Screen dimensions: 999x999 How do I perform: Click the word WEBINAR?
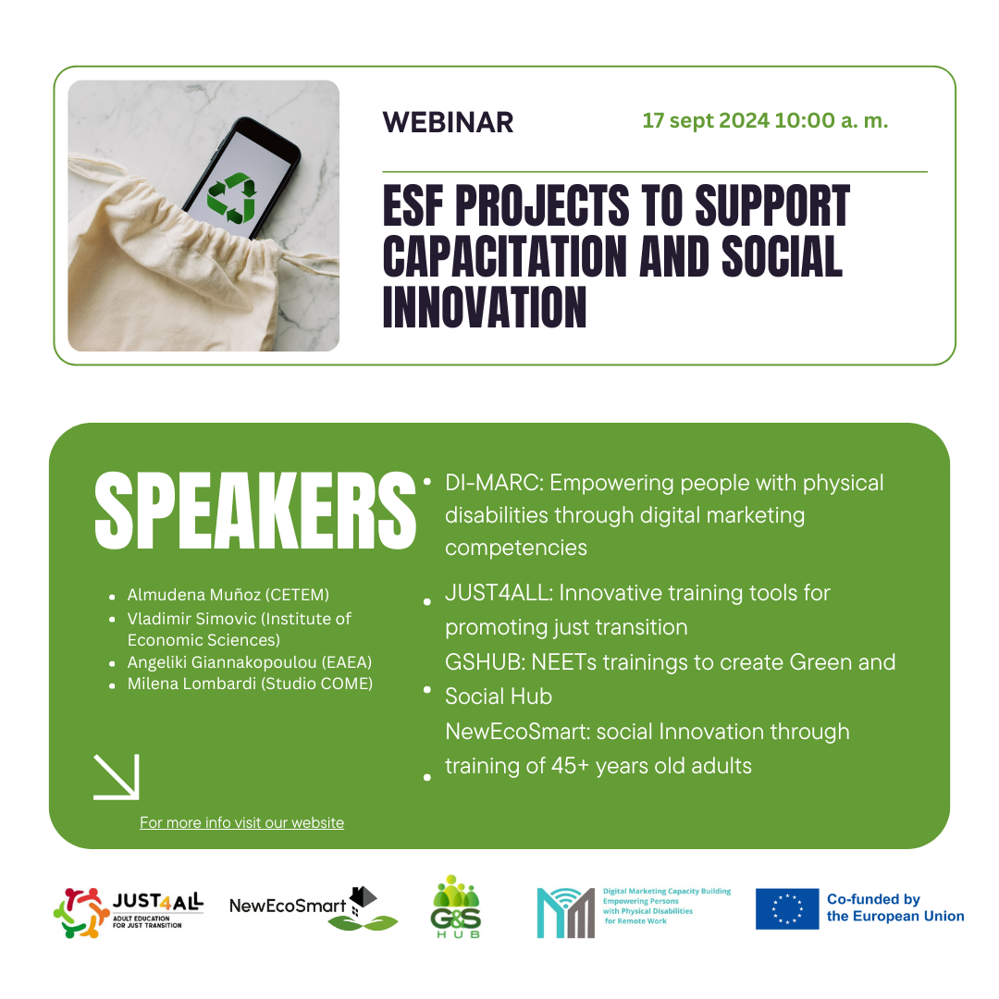pyautogui.click(x=448, y=122)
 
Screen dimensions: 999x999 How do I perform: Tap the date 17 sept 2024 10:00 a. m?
pyautogui.click(x=765, y=120)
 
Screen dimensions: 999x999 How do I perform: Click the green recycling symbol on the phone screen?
pyautogui.click(x=233, y=198)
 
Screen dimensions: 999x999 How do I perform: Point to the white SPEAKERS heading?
pyautogui.click(x=255, y=511)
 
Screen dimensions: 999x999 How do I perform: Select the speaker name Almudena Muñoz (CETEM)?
pyautogui.click(x=228, y=595)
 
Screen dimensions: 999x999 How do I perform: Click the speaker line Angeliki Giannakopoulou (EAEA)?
pyautogui.click(x=249, y=662)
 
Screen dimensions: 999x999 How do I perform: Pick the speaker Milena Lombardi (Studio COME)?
pyautogui.click(x=250, y=684)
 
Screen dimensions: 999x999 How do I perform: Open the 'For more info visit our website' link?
pyautogui.click(x=242, y=822)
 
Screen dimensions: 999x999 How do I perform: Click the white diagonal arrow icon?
pyautogui.click(x=116, y=777)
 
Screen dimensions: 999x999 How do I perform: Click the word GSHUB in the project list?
pyautogui.click(x=485, y=662)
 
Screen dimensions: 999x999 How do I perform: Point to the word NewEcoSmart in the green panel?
pyautogui.click(x=517, y=732)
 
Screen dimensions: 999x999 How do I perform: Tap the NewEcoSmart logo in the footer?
pyautogui.click(x=314, y=908)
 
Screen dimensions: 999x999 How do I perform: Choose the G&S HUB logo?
pyautogui.click(x=455, y=906)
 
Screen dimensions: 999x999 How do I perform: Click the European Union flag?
pyautogui.click(x=787, y=908)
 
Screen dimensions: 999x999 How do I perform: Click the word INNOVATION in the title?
pyautogui.click(x=484, y=307)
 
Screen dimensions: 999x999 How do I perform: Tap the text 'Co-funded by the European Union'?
pyautogui.click(x=895, y=908)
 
